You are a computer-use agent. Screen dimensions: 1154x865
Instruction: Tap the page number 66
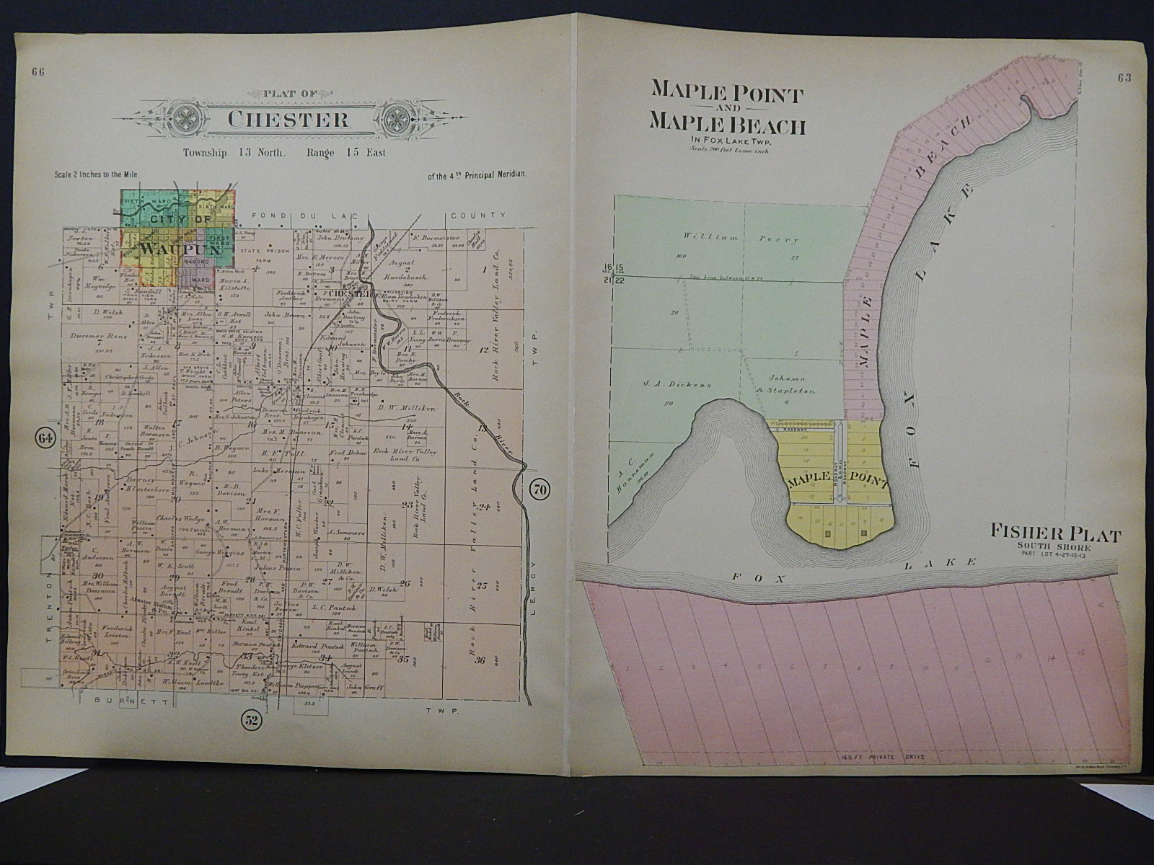(x=38, y=71)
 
